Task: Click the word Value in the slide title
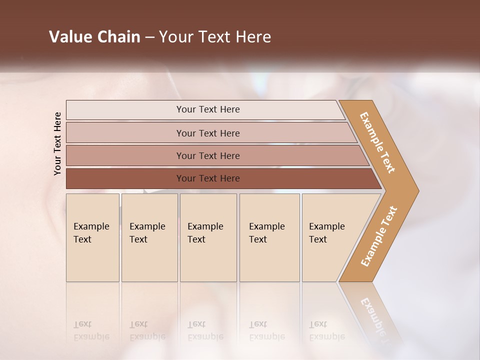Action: tap(70, 37)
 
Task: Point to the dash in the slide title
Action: tap(149, 37)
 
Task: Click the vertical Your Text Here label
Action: tap(57, 143)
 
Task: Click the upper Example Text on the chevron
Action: tap(377, 142)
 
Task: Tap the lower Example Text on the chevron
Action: tap(379, 236)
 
